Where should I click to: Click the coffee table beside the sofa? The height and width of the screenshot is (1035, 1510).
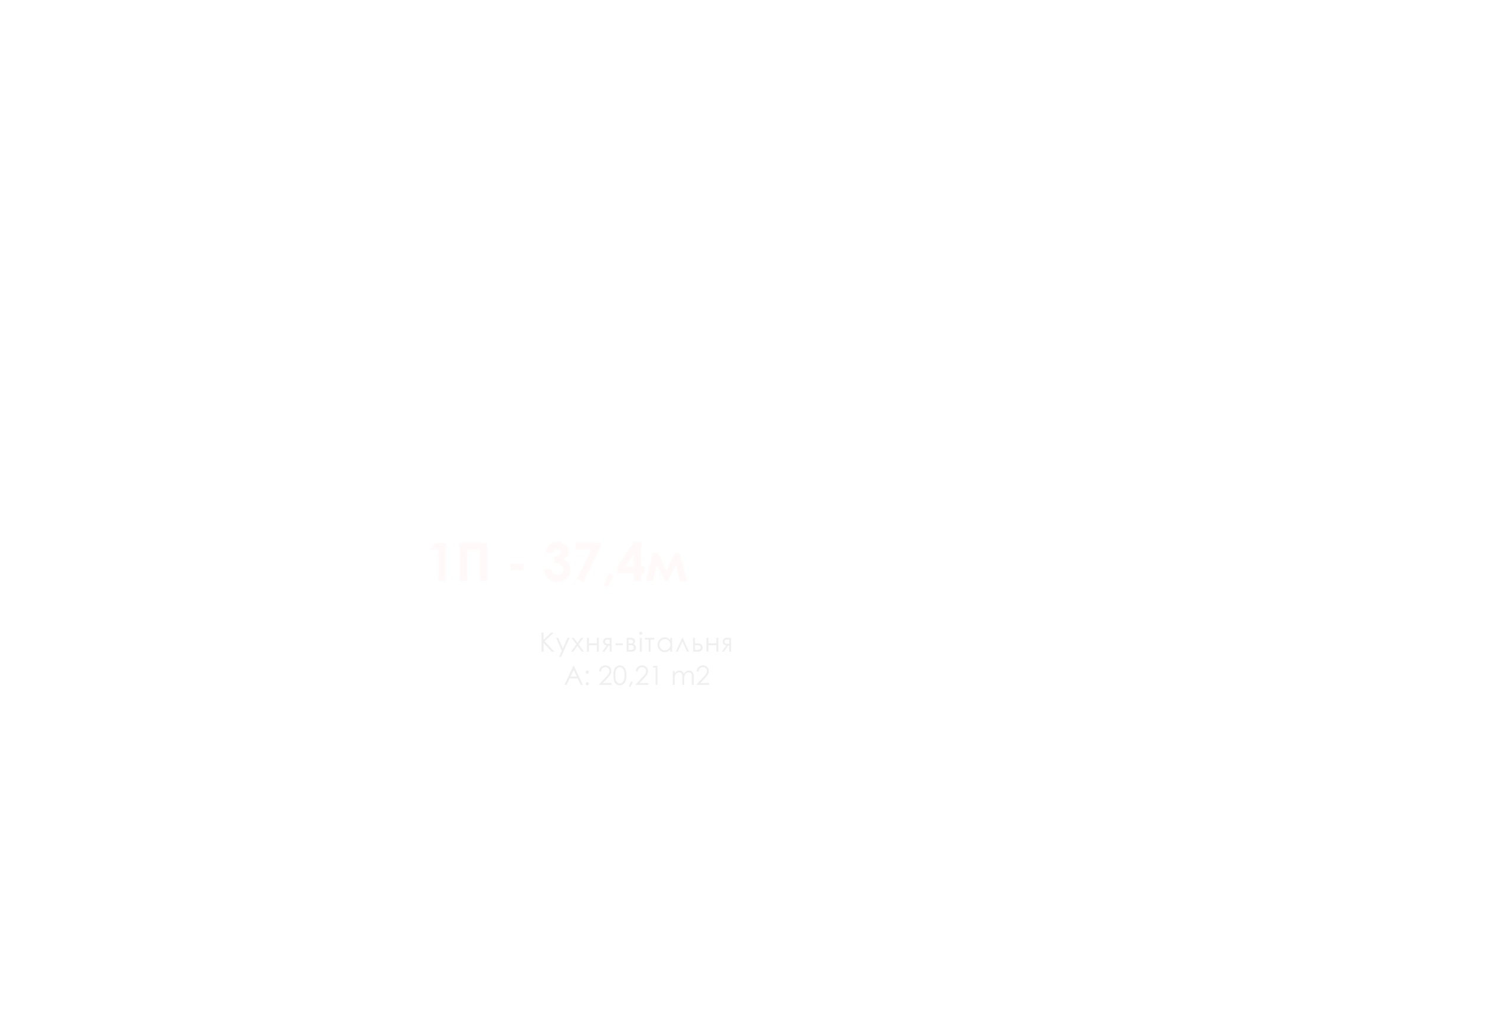point(552,799)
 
